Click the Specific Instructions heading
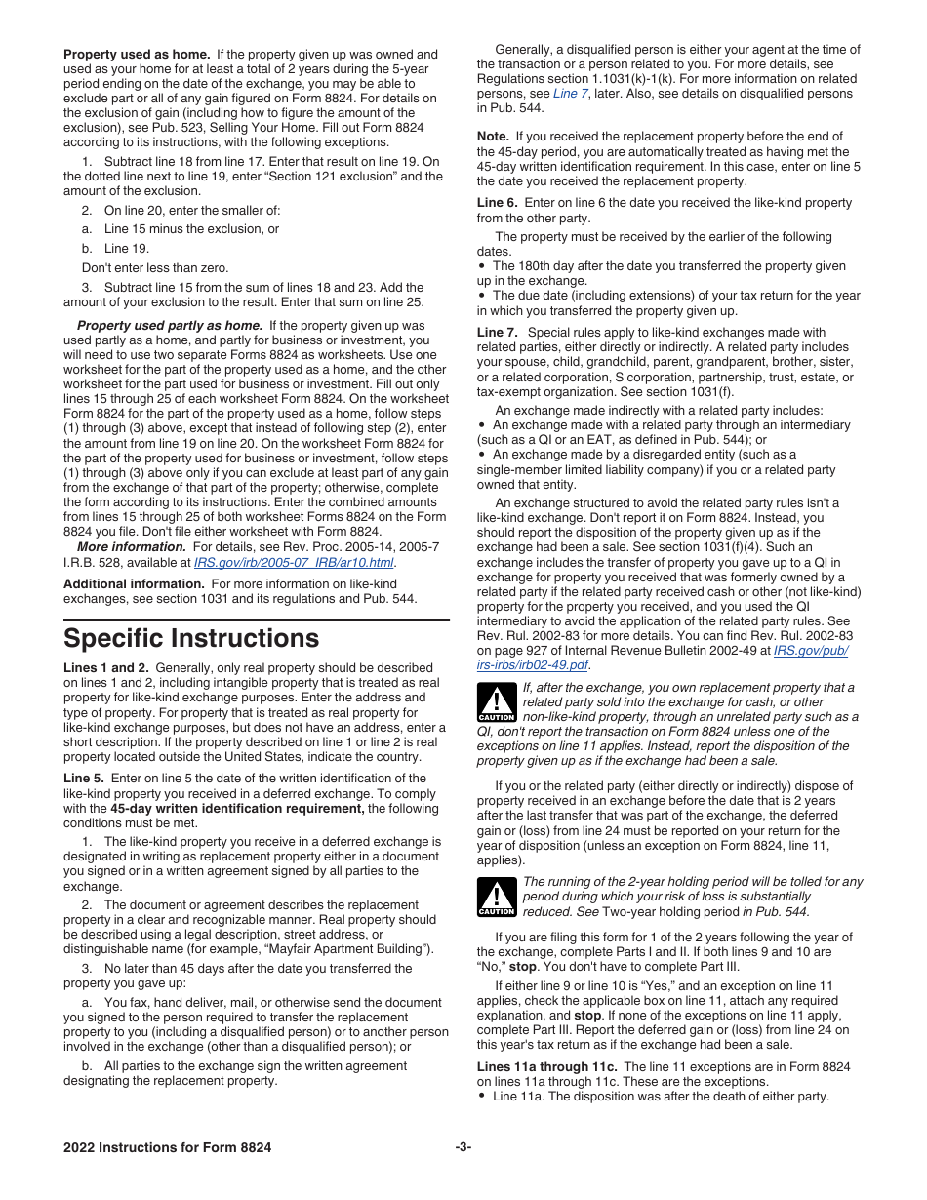point(191,639)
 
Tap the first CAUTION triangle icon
point(497,702)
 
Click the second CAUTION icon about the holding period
point(497,897)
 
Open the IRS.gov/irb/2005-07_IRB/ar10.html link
point(294,563)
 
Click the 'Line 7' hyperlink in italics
point(571,94)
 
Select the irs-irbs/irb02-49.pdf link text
point(533,665)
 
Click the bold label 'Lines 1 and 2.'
point(106,668)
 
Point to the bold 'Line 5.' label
point(85,779)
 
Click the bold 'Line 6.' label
point(498,203)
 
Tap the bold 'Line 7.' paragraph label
point(498,333)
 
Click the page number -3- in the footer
point(463,1148)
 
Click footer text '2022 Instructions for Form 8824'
point(168,1148)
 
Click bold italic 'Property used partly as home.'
point(170,326)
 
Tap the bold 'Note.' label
point(493,137)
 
